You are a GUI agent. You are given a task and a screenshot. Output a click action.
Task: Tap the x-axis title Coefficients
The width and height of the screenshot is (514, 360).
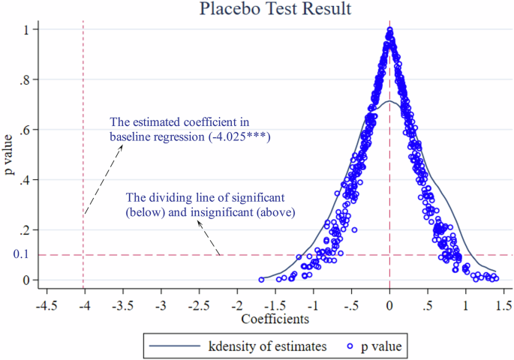coord(275,319)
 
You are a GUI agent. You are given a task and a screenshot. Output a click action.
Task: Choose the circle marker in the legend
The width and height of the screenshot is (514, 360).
coord(349,346)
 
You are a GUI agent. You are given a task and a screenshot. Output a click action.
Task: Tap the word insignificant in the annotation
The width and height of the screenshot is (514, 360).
coord(216,212)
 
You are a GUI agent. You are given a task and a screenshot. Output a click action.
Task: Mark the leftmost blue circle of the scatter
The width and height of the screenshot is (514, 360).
coord(261,279)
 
